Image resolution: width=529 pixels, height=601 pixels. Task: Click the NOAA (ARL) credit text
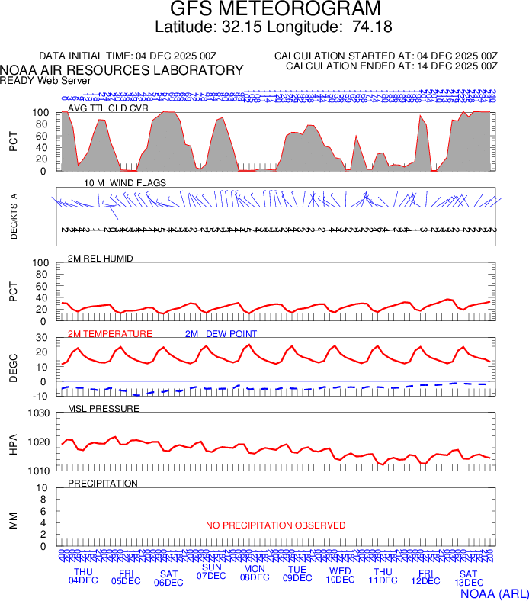pyautogui.click(x=495, y=593)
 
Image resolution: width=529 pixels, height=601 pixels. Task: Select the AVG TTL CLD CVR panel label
pyautogui.click(x=107, y=108)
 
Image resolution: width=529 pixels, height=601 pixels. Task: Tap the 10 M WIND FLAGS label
pyautogui.click(x=125, y=183)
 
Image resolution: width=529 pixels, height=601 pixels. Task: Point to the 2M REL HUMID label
pyautogui.click(x=101, y=259)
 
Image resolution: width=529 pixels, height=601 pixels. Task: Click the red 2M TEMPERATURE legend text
pyautogui.click(x=111, y=334)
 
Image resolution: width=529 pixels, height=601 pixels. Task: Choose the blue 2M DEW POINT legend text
pyautogui.click(x=221, y=334)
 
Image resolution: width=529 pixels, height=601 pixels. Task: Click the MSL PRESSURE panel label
pyautogui.click(x=104, y=409)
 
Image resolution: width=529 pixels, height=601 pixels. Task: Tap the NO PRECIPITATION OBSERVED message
pyautogui.click(x=275, y=525)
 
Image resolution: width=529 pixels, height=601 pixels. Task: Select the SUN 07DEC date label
pyautogui.click(x=212, y=571)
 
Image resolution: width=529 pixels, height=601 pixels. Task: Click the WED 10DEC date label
pyautogui.click(x=340, y=575)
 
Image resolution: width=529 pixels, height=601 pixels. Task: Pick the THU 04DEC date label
pyautogui.click(x=84, y=576)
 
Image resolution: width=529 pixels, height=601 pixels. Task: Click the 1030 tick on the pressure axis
pyautogui.click(x=39, y=413)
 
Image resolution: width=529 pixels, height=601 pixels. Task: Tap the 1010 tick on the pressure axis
pyautogui.click(x=39, y=471)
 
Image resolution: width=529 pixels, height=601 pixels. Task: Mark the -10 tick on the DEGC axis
pyautogui.click(x=43, y=396)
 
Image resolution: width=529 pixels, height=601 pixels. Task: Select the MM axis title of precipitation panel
pyautogui.click(x=13, y=522)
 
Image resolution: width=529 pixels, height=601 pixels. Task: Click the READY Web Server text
pyautogui.click(x=46, y=80)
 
